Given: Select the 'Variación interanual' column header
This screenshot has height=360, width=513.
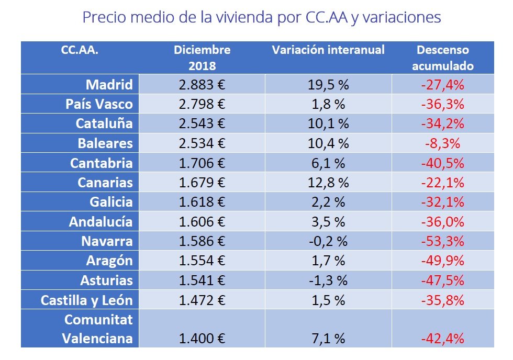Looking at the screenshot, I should tap(328, 50).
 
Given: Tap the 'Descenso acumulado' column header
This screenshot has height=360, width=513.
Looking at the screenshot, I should tap(442, 58).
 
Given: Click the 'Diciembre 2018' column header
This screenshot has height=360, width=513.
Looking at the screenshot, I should tap(202, 58).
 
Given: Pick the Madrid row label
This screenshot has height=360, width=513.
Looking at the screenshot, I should tap(109, 84).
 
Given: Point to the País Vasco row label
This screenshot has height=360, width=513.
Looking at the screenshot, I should tap(99, 104).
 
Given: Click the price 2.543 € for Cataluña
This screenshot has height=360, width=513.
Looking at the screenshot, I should tap(202, 123).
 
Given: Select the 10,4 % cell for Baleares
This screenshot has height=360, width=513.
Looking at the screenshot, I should tap(328, 143).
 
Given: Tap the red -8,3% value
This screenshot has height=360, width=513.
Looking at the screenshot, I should tap(442, 143).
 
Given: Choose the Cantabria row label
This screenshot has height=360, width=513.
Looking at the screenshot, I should tap(102, 163).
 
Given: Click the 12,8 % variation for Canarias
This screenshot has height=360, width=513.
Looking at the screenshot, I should tap(328, 183).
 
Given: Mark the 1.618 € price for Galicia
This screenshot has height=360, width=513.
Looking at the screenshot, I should tap(202, 202).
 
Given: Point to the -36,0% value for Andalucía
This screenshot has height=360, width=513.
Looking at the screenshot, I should tap(442, 222).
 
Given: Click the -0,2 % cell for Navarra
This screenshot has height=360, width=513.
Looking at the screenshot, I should tap(328, 241).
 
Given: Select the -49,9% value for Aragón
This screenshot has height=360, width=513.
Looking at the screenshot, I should tap(442, 261).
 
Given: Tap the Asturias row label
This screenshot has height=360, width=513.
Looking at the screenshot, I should tap(106, 280).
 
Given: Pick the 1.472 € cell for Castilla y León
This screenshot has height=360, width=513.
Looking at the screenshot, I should tap(202, 300).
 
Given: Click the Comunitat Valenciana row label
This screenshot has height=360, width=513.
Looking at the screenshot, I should tap(98, 329).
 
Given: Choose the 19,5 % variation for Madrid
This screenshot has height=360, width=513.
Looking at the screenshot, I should tap(328, 84).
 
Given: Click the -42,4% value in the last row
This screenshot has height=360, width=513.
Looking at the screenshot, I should tap(442, 339).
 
